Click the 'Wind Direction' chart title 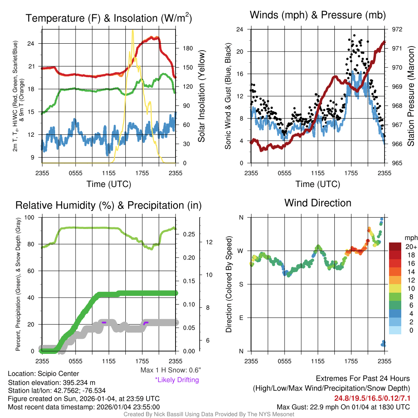[318, 203]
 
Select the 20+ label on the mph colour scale [411, 247]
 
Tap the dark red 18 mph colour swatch [395, 255]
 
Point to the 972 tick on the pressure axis [397, 29]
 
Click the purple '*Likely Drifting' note [177, 380]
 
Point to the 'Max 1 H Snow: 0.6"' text [170, 370]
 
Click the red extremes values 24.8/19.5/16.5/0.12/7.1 [372, 398]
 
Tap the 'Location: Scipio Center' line [44, 374]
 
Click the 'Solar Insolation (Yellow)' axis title [201, 96]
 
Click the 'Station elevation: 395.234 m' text [52, 382]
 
